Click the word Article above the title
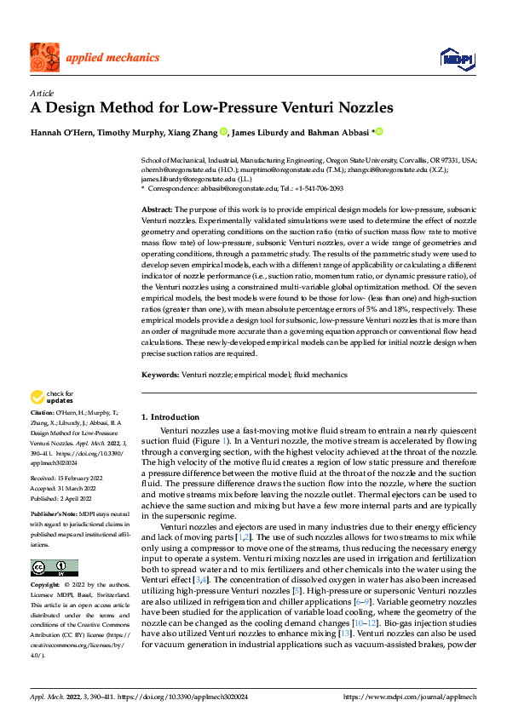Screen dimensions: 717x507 41,92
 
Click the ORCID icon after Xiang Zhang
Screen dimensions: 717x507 224,131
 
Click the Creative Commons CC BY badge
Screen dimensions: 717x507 54,567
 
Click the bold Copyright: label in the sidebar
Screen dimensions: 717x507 47,585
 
